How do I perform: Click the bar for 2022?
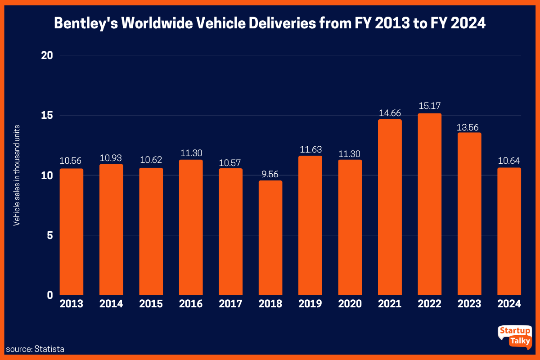tap(429, 205)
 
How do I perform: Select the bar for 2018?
tap(270, 238)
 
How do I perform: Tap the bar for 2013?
tap(72, 232)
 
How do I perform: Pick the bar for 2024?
tap(509, 232)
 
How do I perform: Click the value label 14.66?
tap(390, 113)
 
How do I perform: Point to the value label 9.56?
tap(270, 175)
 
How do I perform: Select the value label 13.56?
tap(469, 127)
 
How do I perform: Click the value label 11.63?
tap(310, 150)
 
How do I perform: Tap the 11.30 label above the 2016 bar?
tap(191, 154)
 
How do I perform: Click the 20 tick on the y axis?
tap(47, 55)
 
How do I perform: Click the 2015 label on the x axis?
tap(151, 304)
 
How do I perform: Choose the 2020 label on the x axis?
tap(350, 304)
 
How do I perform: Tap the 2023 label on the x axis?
tap(469, 304)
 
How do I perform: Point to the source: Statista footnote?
tap(35, 349)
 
